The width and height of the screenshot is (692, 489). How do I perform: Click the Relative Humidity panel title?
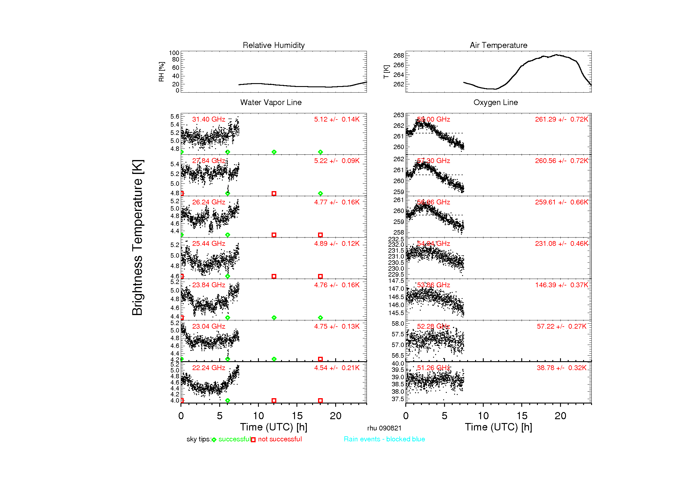pyautogui.click(x=273, y=45)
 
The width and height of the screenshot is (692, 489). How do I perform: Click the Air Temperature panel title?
pyautogui.click(x=498, y=45)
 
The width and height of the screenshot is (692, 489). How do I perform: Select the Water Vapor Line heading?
pyautogui.click(x=271, y=102)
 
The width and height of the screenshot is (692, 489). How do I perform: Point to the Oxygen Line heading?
pyautogui.click(x=495, y=102)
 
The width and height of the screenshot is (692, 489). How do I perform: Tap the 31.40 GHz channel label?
pyautogui.click(x=209, y=119)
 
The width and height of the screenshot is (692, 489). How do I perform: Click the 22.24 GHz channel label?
pyautogui.click(x=209, y=368)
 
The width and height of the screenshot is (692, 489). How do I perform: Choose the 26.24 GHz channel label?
pyautogui.click(x=209, y=202)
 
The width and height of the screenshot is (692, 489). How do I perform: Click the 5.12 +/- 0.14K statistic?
pyautogui.click(x=336, y=119)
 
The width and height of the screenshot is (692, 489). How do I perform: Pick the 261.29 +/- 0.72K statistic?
pyautogui.click(x=561, y=119)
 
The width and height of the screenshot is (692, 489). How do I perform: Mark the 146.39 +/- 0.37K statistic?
pyautogui.click(x=561, y=285)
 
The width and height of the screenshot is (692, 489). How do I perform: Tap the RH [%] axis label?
pyautogui.click(x=162, y=72)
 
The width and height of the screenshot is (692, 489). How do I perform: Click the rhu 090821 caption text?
pyautogui.click(x=384, y=428)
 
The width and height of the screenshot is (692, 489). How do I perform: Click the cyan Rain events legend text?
pyautogui.click(x=384, y=439)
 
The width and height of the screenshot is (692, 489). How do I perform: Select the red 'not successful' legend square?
pyautogui.click(x=253, y=440)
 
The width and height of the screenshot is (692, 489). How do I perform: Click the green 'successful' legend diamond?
pyautogui.click(x=214, y=440)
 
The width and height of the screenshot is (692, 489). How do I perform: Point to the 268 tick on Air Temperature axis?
pyautogui.click(x=399, y=55)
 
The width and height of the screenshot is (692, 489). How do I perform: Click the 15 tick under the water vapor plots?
pyautogui.click(x=297, y=416)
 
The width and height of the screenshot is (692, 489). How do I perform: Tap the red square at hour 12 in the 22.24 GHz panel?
pyautogui.click(x=274, y=401)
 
